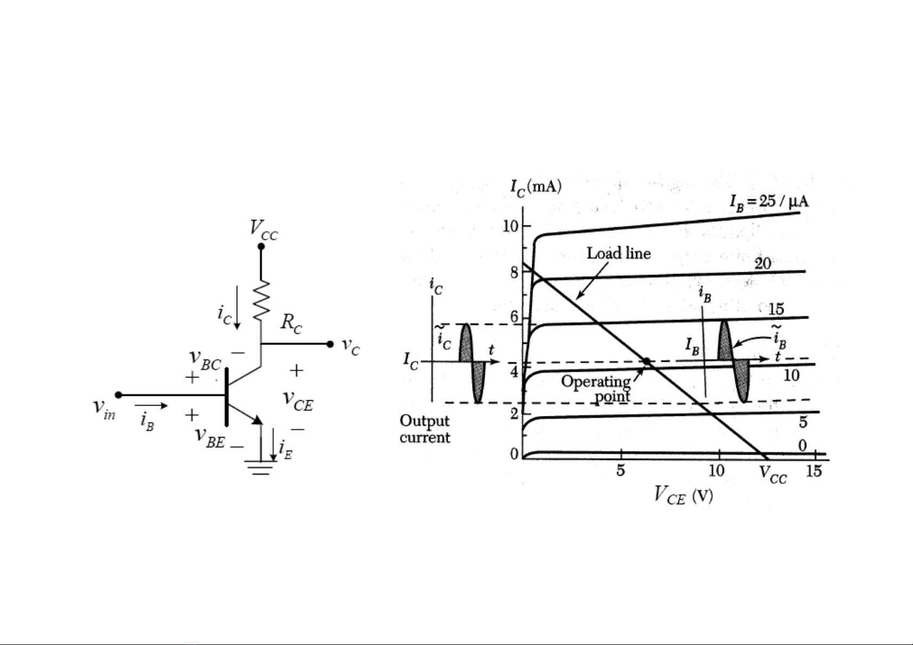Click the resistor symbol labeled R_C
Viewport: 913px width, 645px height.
pos(261,300)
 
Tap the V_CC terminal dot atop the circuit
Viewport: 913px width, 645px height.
pos(261,246)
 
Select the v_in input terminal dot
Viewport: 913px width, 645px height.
pos(119,395)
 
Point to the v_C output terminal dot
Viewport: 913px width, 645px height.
pos(330,344)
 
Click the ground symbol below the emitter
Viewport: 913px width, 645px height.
pos(261,467)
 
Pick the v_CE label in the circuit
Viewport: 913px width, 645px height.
pos(298,401)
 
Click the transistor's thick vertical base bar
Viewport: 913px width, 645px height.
pos(226,397)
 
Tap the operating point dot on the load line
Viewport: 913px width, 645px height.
pos(646,361)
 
